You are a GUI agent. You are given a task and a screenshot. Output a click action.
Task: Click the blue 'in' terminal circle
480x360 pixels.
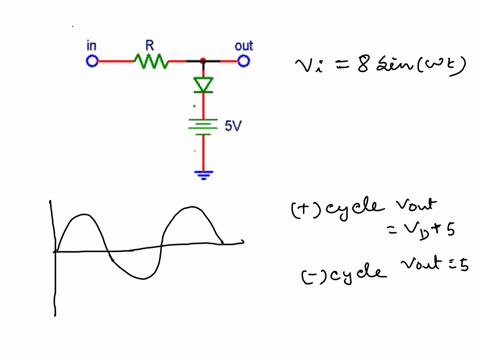[x=92, y=61]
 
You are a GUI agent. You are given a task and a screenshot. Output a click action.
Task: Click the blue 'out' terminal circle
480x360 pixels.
[x=243, y=61]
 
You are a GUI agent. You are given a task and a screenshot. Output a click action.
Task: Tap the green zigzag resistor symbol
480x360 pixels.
[x=151, y=61]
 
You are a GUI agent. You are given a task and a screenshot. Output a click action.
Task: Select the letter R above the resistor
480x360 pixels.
[x=150, y=45]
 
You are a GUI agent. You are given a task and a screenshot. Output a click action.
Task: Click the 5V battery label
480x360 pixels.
[x=232, y=128]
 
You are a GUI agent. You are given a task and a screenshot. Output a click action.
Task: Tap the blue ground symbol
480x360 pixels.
[x=203, y=175]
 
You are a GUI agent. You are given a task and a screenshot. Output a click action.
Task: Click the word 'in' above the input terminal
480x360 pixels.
[x=92, y=45]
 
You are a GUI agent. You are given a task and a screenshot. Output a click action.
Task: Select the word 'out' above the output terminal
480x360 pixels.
[x=243, y=45]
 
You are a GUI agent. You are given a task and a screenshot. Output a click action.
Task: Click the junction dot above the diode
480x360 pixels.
[x=203, y=61]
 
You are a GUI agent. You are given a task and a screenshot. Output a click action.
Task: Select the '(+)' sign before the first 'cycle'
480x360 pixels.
[x=303, y=210]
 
